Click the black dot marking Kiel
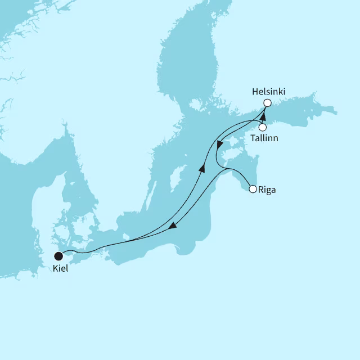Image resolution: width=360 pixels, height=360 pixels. pyautogui.click(x=58, y=256)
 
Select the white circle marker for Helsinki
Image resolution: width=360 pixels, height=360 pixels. pyautogui.click(x=267, y=102)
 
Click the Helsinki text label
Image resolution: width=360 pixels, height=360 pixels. pyautogui.click(x=268, y=91)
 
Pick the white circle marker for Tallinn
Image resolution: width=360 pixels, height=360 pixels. pyautogui.click(x=262, y=127)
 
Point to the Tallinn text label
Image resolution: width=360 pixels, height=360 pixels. pyautogui.click(x=265, y=138)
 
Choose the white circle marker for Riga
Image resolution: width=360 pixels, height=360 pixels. pyautogui.click(x=253, y=189)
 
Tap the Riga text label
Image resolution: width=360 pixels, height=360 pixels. pyautogui.click(x=267, y=190)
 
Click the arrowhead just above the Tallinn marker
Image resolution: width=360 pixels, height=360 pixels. pyautogui.click(x=263, y=115)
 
